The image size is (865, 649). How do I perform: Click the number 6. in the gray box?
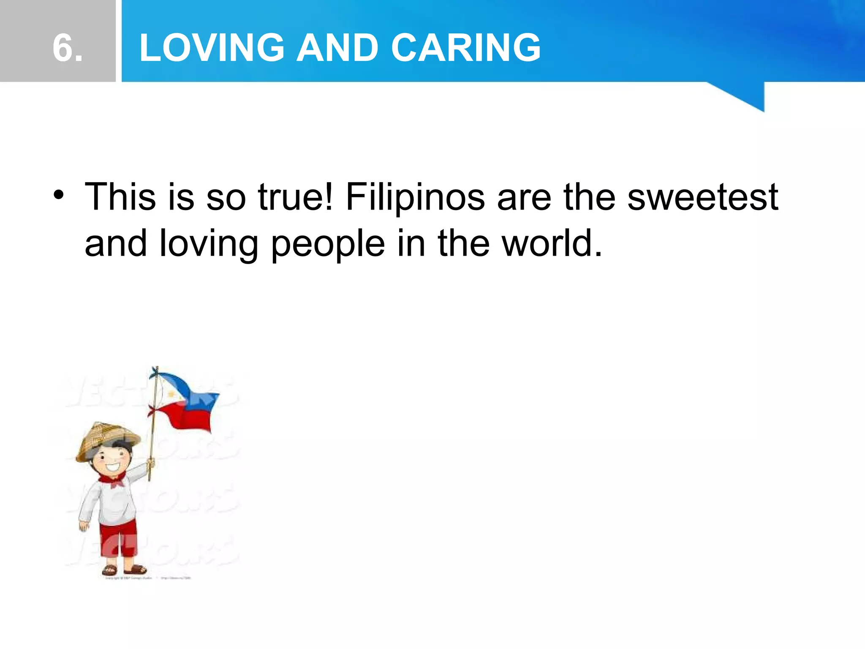click(68, 48)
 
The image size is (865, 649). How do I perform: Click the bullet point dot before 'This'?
click(59, 196)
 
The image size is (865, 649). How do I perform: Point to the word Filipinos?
click(415, 198)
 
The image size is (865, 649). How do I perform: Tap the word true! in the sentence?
click(296, 197)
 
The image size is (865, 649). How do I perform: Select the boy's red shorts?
click(118, 539)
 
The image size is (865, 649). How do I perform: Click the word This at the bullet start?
click(120, 197)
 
